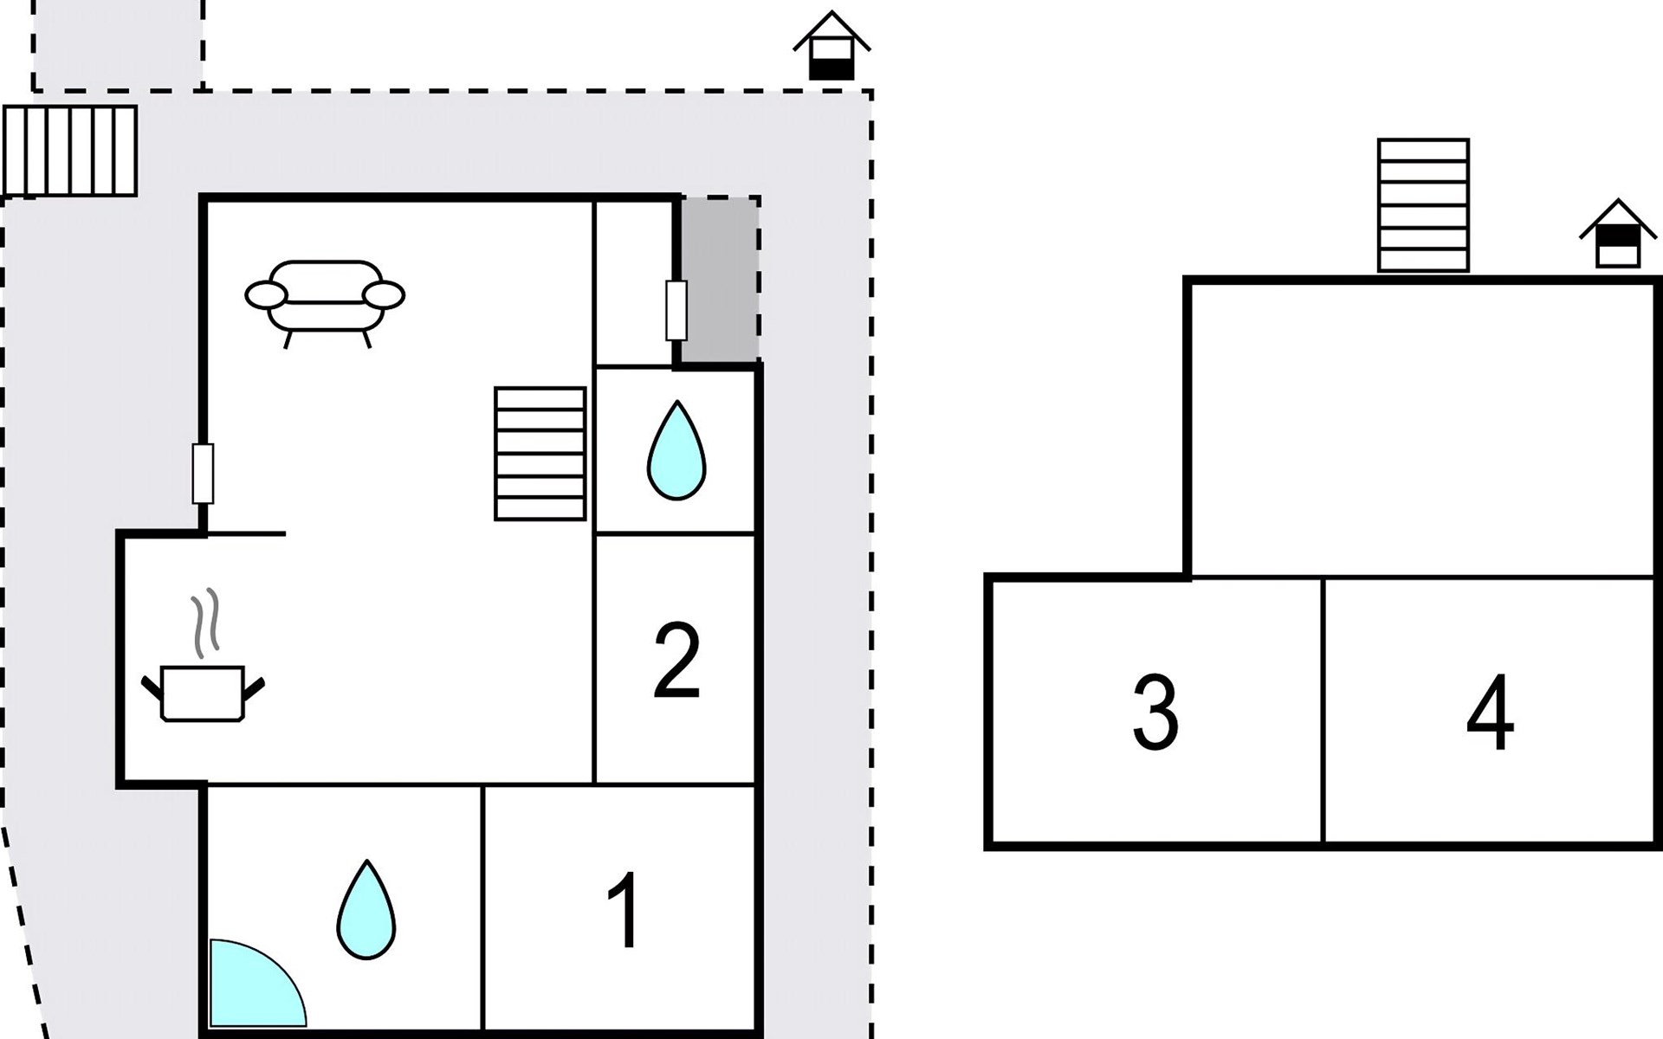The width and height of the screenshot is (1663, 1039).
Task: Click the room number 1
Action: tap(624, 911)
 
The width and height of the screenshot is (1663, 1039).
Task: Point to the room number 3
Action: tap(1155, 712)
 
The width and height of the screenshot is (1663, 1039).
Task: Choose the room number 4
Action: tap(1490, 712)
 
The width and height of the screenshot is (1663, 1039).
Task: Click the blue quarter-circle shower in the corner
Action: tap(251, 987)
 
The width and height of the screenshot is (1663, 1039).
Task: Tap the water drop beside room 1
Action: tap(366, 911)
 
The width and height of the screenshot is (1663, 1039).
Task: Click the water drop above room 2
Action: tap(676, 451)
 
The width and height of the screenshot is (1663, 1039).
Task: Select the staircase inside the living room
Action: tap(540, 453)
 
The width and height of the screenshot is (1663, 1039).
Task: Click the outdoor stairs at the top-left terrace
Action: tap(70, 151)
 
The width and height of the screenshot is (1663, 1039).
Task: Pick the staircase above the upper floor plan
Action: tap(1423, 204)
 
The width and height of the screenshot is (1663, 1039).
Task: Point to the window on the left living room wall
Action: tap(203, 474)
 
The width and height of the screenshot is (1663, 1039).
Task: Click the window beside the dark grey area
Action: tap(676, 310)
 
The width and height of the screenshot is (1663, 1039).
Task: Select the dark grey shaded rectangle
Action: tap(720, 279)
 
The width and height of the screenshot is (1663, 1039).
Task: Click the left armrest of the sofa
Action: tap(266, 295)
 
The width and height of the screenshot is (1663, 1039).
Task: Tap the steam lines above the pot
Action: tap(206, 622)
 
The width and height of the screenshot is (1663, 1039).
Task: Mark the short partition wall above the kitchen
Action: tap(246, 534)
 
